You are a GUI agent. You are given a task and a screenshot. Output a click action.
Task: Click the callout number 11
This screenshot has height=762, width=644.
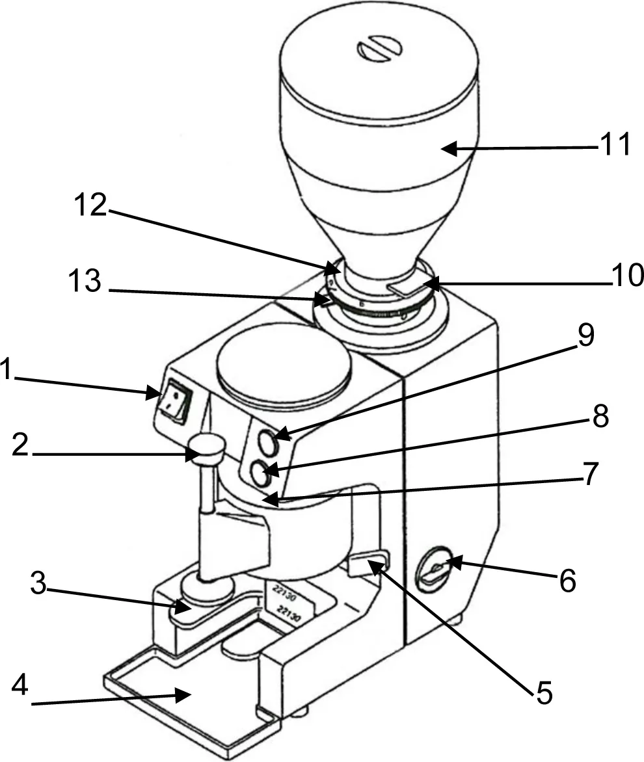(x=615, y=146)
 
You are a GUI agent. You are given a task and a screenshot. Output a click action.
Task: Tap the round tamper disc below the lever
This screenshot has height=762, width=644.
(x=207, y=588)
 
